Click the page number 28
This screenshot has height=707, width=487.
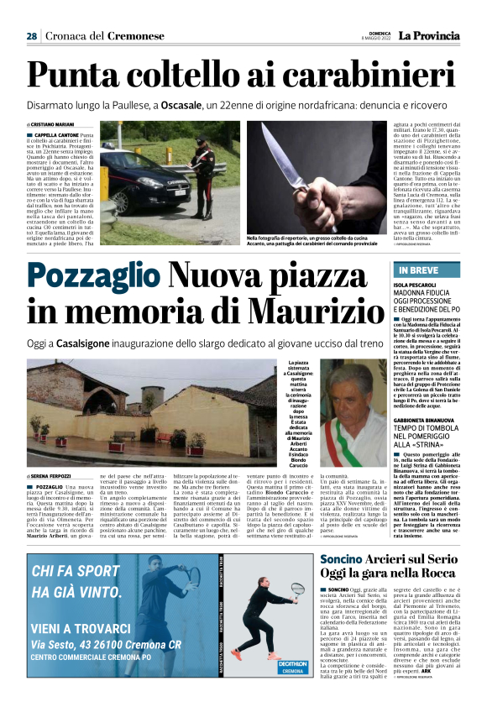click(x=31, y=36)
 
